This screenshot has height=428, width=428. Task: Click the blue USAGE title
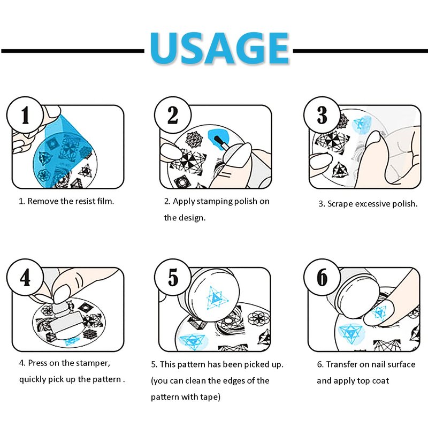click(x=219, y=48)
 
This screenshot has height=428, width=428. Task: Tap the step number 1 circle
click(x=25, y=115)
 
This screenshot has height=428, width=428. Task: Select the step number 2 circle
click(x=173, y=115)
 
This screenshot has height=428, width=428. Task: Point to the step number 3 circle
click(x=322, y=115)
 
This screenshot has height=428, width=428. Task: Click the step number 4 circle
click(x=25, y=278)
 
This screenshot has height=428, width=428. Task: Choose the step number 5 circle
click(x=173, y=278)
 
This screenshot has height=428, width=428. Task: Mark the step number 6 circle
click(x=322, y=278)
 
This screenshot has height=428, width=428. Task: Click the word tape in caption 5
click(x=209, y=397)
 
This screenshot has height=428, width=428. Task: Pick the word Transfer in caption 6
click(x=342, y=364)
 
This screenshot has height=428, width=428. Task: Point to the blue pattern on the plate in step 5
click(x=193, y=341)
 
